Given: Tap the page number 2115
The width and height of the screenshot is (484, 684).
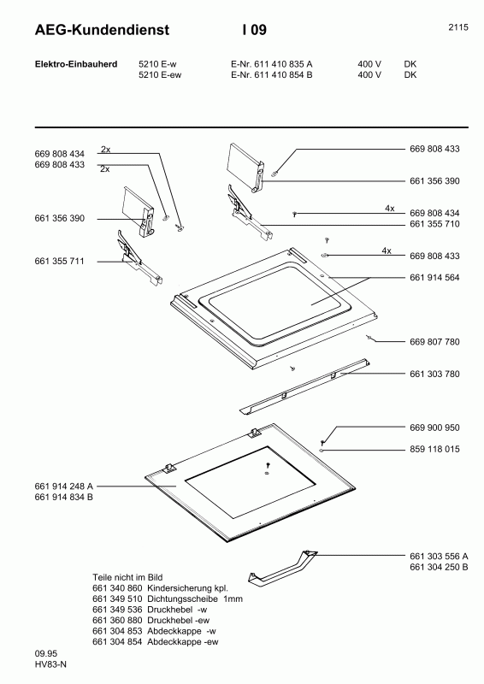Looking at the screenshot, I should click(x=457, y=27).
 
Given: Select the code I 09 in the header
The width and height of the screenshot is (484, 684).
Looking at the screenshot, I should click(x=254, y=31).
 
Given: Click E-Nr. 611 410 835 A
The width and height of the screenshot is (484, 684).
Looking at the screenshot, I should click(x=271, y=64).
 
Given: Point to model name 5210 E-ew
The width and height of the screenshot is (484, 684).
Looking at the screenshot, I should click(x=161, y=75).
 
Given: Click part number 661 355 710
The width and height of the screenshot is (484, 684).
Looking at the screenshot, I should click(x=434, y=224).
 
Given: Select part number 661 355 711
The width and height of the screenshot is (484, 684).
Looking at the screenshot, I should click(x=60, y=260).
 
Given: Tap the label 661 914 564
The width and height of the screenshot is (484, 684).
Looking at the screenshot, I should click(x=434, y=277).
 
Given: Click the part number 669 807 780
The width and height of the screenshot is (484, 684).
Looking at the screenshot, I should click(x=434, y=342).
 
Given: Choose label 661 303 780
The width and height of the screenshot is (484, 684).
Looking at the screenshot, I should click(x=434, y=374).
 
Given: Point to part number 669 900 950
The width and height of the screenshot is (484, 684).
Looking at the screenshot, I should click(x=434, y=427).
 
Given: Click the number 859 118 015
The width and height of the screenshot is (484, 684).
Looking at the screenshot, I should click(x=434, y=449).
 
